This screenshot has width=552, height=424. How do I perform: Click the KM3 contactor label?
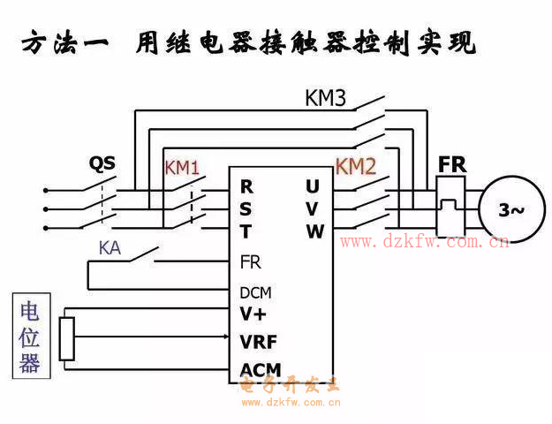[x=325, y=98]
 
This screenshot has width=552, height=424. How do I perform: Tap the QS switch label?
[x=102, y=163]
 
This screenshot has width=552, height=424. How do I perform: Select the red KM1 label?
[x=182, y=167]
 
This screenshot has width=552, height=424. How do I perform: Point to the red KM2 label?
[x=356, y=166]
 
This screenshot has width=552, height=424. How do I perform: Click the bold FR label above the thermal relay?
[x=452, y=165]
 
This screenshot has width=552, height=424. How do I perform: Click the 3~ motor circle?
[x=511, y=209]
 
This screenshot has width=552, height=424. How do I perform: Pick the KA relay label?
[x=110, y=248]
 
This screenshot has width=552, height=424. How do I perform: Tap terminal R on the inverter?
[x=246, y=187]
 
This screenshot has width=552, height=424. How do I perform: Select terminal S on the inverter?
[x=246, y=209]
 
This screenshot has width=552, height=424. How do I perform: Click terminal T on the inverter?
[x=246, y=231]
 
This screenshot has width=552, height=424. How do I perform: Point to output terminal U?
[x=313, y=187]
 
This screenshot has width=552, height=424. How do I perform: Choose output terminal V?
[x=313, y=209]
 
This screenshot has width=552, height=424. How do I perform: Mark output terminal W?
[x=314, y=231]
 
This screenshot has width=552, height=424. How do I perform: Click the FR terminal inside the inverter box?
[x=250, y=262]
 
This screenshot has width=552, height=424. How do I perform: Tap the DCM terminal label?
[x=255, y=292]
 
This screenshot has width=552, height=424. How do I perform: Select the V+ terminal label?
[x=253, y=314]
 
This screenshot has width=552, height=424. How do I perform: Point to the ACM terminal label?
[x=260, y=368]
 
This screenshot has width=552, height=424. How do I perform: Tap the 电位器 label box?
[x=30, y=337]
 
